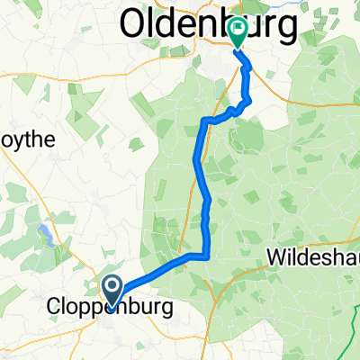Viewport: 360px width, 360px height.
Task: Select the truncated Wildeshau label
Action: [314, 258]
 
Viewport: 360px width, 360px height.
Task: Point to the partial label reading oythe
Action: [27, 139]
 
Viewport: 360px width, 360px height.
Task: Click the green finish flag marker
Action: [238, 32]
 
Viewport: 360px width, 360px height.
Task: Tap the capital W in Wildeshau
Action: [278, 258]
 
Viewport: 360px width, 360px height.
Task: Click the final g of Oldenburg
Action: [285, 29]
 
